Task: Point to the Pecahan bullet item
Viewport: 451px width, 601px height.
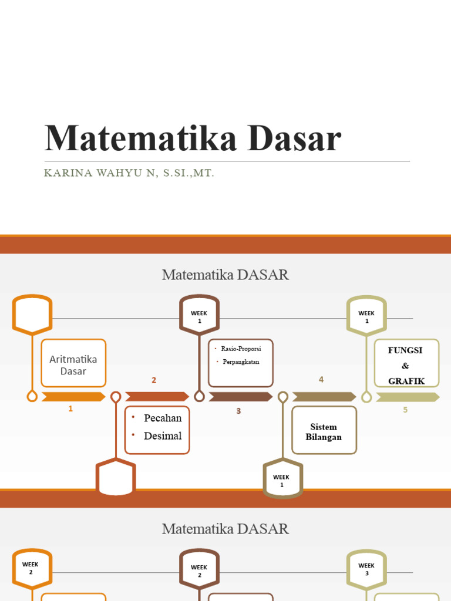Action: click(x=163, y=418)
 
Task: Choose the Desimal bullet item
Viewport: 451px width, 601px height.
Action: click(x=163, y=435)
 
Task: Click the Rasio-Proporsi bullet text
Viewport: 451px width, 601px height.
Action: click(x=241, y=349)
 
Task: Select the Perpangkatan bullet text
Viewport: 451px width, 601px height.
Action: click(x=241, y=362)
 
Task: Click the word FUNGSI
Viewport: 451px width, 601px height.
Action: click(x=405, y=350)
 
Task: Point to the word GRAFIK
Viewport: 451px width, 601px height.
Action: click(x=406, y=381)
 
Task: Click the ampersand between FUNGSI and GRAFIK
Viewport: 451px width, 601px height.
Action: click(x=405, y=366)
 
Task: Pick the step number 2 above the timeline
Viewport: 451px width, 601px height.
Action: click(x=154, y=380)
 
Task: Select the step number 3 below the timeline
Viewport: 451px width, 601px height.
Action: click(x=238, y=411)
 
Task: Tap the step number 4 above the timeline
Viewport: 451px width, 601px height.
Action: click(x=321, y=380)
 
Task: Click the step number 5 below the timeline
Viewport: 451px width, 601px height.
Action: click(x=405, y=410)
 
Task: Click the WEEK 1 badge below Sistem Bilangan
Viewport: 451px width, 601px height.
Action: click(x=282, y=481)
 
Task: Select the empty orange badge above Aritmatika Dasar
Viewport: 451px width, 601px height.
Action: click(x=32, y=315)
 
